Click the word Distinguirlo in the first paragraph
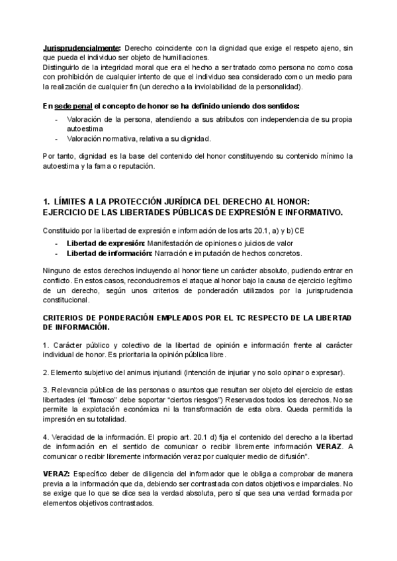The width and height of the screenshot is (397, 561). [61, 67]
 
